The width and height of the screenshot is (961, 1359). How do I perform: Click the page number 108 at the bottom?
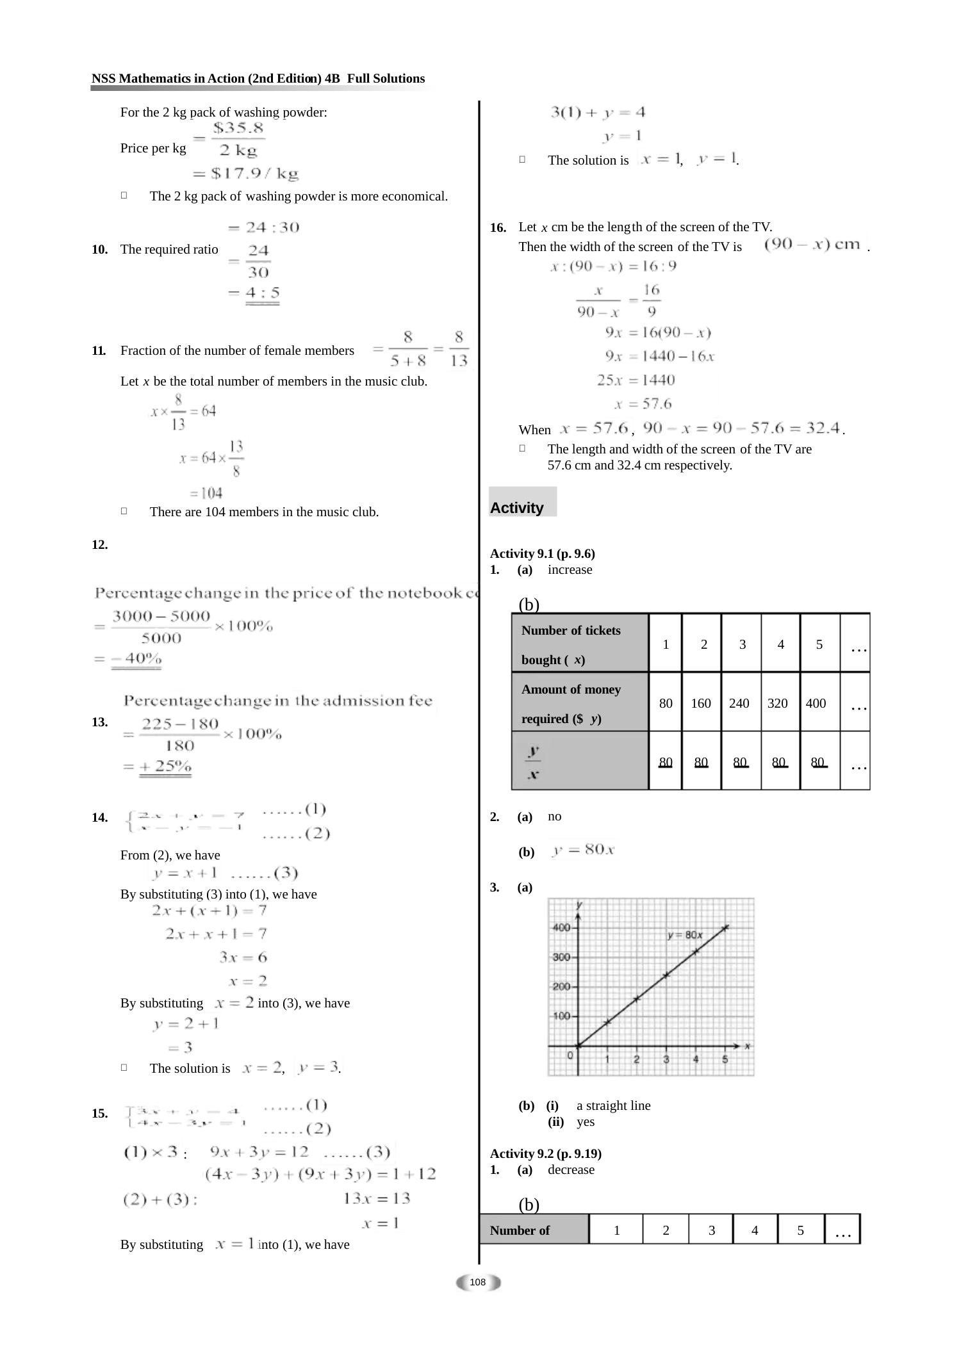[478, 1282]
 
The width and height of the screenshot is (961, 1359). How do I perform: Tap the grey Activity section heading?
[517, 508]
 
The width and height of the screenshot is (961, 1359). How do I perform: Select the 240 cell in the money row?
[739, 703]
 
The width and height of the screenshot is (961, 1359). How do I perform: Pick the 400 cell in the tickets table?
[816, 703]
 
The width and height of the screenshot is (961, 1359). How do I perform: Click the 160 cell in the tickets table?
[701, 703]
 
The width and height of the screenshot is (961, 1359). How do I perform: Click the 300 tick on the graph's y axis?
[562, 957]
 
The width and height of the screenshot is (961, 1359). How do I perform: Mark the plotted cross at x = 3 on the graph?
[666, 975]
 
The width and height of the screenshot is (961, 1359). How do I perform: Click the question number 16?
[498, 228]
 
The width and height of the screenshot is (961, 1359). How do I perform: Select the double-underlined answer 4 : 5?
[263, 293]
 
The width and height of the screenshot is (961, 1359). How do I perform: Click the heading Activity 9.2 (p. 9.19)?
[545, 1153]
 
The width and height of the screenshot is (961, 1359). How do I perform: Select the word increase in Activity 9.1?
[570, 570]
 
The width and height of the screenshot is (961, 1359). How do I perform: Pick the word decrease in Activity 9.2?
[571, 1169]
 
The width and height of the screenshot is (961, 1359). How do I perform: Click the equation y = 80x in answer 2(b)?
[583, 850]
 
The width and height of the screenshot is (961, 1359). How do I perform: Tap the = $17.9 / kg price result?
[246, 173]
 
